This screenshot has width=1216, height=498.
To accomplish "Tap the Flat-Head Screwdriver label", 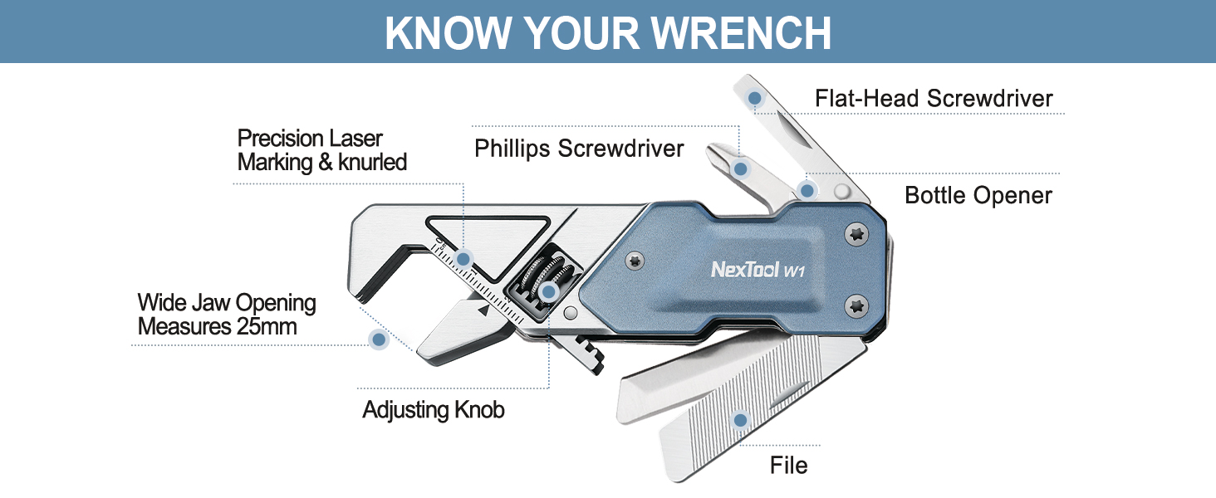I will click(x=934, y=99).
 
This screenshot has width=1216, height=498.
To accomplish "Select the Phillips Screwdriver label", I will click(x=579, y=149).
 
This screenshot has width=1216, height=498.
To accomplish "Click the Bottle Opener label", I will click(x=978, y=196).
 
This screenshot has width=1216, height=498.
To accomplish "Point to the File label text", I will click(x=788, y=466).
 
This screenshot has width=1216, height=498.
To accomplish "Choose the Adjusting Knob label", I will click(x=434, y=410).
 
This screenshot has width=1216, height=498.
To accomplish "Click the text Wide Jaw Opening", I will click(x=227, y=303).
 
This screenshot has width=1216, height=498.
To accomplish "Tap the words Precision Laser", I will click(x=310, y=138).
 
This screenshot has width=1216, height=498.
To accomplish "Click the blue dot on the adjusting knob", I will click(x=547, y=291).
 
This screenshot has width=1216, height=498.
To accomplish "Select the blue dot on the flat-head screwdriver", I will click(x=755, y=99).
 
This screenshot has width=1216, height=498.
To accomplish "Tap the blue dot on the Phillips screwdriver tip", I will click(x=741, y=168).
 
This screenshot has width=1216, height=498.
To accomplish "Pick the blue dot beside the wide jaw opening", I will click(x=379, y=339).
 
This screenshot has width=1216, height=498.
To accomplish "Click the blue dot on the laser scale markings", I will click(x=463, y=257).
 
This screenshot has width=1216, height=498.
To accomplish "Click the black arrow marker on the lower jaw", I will click(x=482, y=312).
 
